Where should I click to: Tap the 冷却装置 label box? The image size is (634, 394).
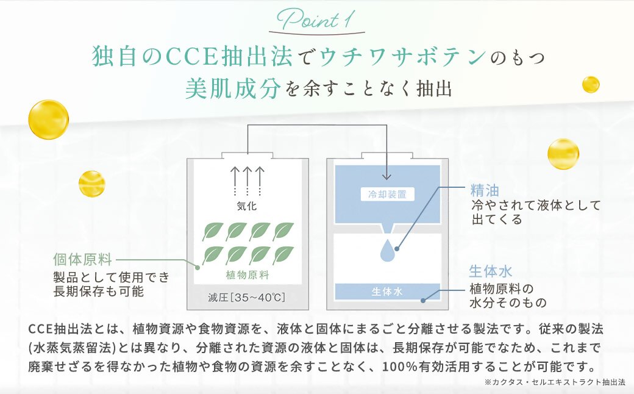click(387, 195)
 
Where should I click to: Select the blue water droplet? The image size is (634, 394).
click(388, 250)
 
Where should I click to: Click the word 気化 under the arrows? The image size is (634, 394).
click(247, 206)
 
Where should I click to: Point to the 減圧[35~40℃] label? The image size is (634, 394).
click(247, 298)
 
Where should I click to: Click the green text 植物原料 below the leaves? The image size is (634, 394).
click(247, 274)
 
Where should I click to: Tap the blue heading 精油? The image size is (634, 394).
click(485, 190)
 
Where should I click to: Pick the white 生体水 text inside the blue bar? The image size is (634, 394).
click(387, 292)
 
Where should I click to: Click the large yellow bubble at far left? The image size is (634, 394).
click(48, 118)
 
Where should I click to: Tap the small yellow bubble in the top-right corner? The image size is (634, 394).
click(590, 84)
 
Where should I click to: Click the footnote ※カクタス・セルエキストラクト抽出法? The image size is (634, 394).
click(555, 382)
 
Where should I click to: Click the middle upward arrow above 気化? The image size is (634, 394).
click(248, 179)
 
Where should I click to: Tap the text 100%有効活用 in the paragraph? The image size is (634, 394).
click(427, 367)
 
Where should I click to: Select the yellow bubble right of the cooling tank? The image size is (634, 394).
click(563, 154)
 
